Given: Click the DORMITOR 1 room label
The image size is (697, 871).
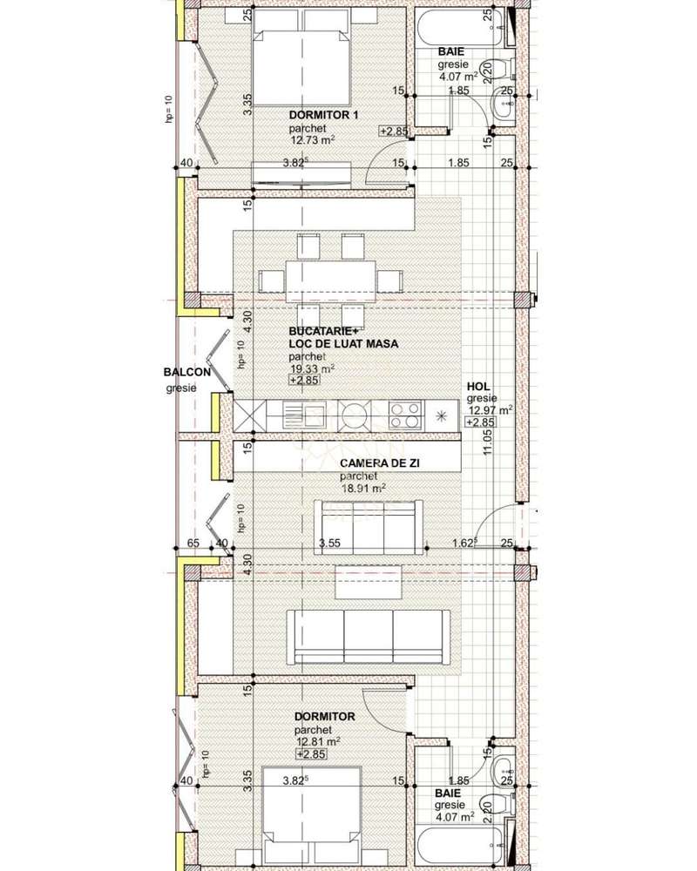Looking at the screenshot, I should pyautogui.click(x=323, y=115).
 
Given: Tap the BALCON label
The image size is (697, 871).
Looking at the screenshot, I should pyautogui.click(x=186, y=373).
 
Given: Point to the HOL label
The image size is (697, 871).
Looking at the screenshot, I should pyautogui.click(x=477, y=387).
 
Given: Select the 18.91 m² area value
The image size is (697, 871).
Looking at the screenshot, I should pyautogui.click(x=362, y=489).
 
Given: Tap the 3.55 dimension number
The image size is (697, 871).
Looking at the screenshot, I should pyautogui.click(x=328, y=544).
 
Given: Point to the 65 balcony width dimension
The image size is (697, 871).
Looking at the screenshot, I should pyautogui.click(x=193, y=544).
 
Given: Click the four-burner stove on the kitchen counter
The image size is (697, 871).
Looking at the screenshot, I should pyautogui.click(x=405, y=415).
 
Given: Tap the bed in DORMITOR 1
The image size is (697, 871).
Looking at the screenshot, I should pyautogui.click(x=301, y=51).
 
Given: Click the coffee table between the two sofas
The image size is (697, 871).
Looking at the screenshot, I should pyautogui.click(x=368, y=582).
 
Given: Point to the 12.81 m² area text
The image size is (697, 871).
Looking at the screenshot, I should pyautogui.click(x=317, y=741).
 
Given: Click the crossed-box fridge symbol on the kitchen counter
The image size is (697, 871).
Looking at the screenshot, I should pyautogui.click(x=249, y=415).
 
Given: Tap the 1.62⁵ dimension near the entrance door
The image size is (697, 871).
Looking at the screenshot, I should pyautogui.click(x=465, y=544).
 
